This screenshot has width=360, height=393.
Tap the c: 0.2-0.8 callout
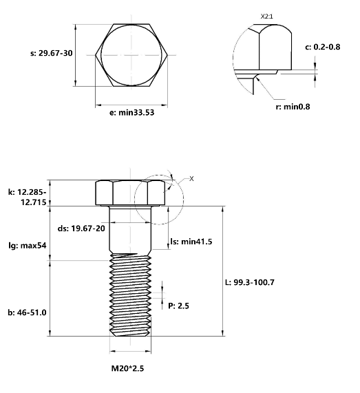coord(322,47)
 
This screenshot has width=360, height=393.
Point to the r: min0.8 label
coord(288,107)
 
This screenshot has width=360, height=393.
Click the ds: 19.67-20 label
coord(81,229)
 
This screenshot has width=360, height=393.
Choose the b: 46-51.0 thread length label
coord(27,312)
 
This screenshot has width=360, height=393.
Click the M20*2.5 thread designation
coord(131,368)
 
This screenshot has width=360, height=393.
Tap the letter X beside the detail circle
coord(192,178)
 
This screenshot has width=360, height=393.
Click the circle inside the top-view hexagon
coord(131,54)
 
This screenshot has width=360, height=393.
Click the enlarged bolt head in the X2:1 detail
coord(275,48)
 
